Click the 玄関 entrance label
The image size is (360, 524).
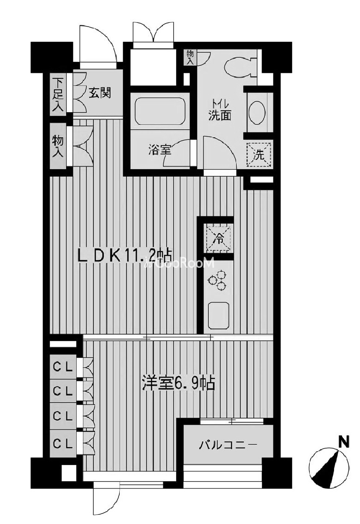tap(99, 93)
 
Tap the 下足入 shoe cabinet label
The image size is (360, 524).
tap(57, 94)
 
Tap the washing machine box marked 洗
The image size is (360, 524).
tap(259, 154)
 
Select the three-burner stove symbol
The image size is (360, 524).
tap(218, 278)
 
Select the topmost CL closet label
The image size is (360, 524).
tap(63, 368)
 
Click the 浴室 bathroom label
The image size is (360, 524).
tap(160, 151)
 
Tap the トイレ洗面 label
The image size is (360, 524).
tap(220, 110)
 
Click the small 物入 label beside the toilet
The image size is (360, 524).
tap(190, 57)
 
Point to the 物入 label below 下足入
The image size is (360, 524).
tap(57, 146)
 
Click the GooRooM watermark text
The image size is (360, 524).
tap(181, 263)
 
